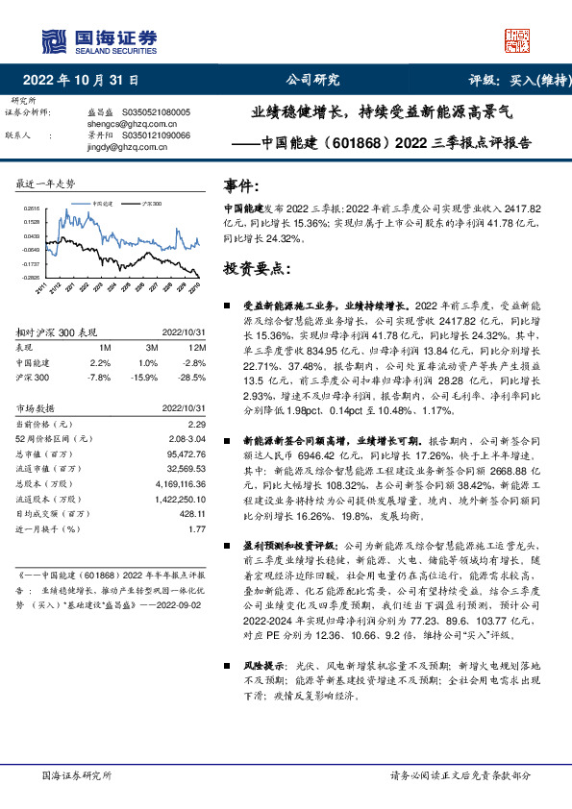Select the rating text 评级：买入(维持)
[x=514, y=81]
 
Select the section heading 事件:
[x=240, y=185]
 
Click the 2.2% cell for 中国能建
[x=100, y=362]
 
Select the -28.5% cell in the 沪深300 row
[x=192, y=378]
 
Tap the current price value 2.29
[x=198, y=423]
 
